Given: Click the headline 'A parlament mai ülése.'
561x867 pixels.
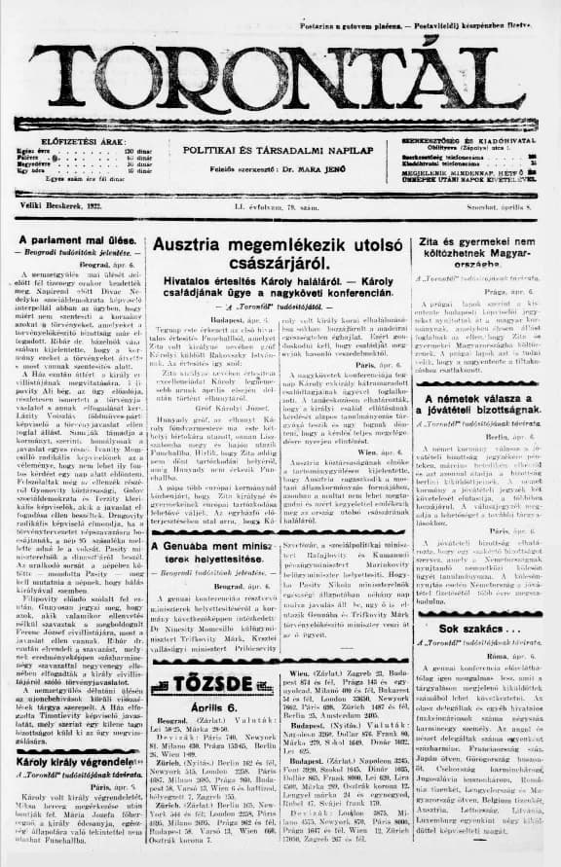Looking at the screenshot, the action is point(72,240).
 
